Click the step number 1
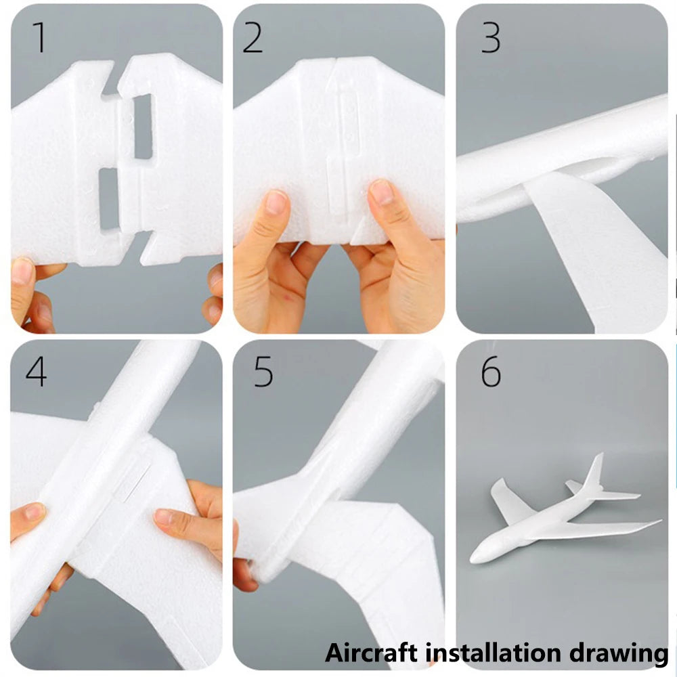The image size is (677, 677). (x=40, y=38)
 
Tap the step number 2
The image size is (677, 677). (x=253, y=38)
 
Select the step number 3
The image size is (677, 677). (x=491, y=38)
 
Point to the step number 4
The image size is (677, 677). (x=36, y=371)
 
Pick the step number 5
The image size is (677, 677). (x=263, y=371)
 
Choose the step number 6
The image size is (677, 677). (x=491, y=371)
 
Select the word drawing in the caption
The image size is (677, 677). (x=617, y=653)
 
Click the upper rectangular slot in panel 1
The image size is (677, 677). (x=143, y=126)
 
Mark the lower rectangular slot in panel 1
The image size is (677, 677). (x=108, y=198)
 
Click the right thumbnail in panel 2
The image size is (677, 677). (x=382, y=192)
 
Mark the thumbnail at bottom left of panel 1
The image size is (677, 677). (x=22, y=271)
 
